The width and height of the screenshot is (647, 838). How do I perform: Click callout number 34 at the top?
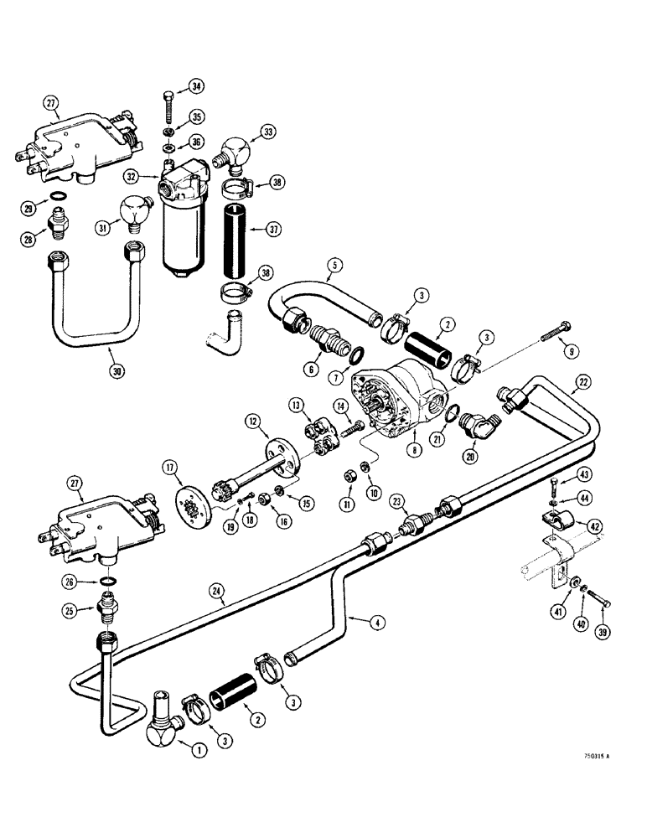click(196, 86)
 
